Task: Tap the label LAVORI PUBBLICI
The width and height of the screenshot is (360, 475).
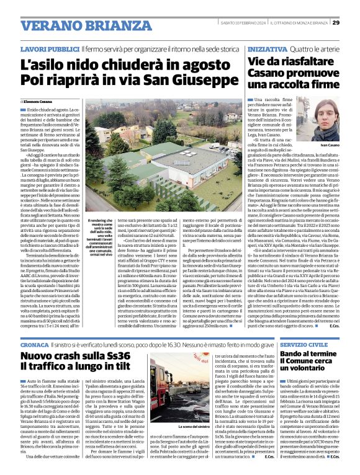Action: tap(50, 48)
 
